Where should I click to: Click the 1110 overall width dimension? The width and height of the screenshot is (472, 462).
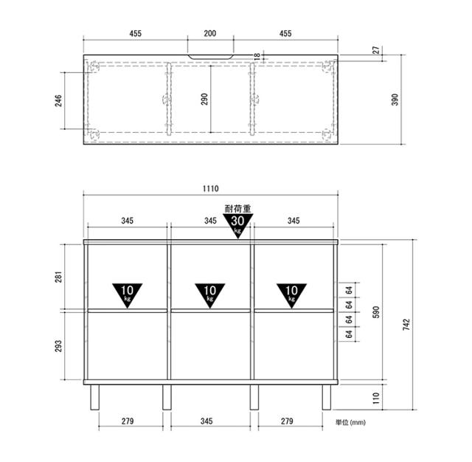(x=210, y=188)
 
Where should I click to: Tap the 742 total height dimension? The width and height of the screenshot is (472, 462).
(x=406, y=325)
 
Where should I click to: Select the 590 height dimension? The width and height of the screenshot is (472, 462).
(x=376, y=312)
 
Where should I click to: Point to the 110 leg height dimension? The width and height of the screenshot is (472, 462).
(x=376, y=398)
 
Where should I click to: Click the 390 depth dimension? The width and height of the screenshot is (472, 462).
(x=395, y=100)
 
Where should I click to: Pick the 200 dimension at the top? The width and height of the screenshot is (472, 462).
(x=209, y=33)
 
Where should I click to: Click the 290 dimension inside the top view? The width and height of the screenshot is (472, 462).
(x=204, y=99)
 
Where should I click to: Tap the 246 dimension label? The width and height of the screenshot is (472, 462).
(x=58, y=100)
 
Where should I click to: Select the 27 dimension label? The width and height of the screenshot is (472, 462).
(x=376, y=50)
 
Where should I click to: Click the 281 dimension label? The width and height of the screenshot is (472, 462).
(x=58, y=277)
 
